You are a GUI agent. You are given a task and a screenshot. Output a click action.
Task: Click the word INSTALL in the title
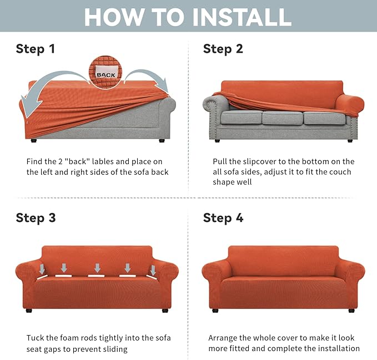coord(242,17)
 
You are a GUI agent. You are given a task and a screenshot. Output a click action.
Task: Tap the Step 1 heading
coord(36,49)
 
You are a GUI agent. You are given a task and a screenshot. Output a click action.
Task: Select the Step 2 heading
coord(223,49)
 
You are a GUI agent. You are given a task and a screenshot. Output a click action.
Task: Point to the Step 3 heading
coord(36,218)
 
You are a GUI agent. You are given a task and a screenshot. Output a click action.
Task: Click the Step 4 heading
coord(223,218)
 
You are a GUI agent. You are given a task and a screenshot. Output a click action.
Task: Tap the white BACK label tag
coord(106,73)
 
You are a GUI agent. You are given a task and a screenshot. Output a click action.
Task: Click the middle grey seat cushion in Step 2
coord(282,118)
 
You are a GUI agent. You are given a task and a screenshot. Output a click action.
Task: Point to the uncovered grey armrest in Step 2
coord(215,104)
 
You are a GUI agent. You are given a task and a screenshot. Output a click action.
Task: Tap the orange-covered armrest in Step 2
coord(350,104)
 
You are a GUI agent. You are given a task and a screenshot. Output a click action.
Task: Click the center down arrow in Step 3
coord(97,268)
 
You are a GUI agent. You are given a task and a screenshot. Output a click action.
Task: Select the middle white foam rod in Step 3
coord(96,276)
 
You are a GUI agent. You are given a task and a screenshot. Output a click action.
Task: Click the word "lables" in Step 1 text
coord(103,161)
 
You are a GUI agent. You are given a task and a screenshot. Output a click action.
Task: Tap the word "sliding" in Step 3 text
coord(115,349)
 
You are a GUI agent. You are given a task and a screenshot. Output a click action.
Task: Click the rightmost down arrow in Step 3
coord(153,270)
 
